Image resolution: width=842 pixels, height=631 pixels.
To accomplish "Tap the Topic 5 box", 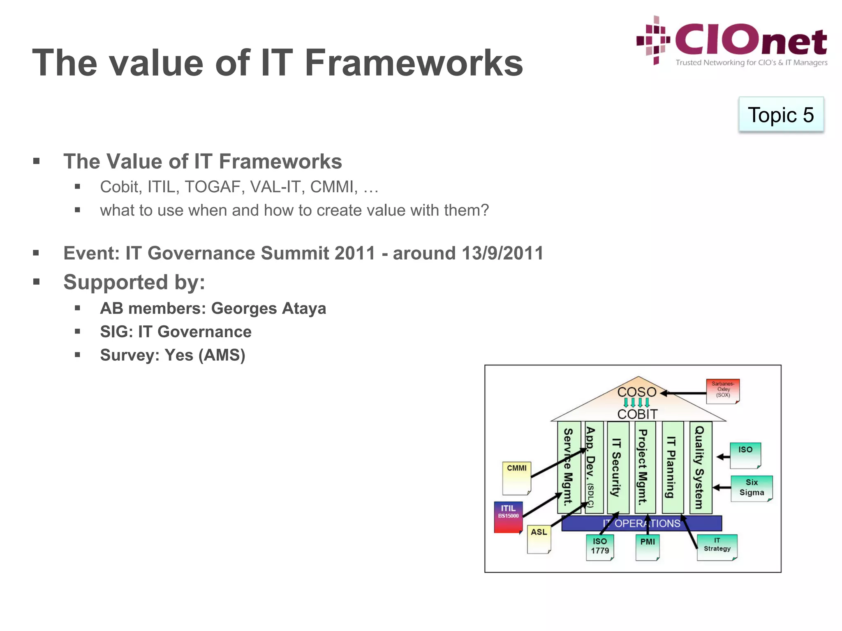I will tap(781, 115).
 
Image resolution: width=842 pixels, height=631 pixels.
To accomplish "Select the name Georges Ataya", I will tap(268, 309).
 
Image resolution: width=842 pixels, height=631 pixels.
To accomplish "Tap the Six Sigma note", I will tap(752, 488).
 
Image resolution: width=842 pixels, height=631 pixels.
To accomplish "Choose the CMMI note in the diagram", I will tap(517, 477).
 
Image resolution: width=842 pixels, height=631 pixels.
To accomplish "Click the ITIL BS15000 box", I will tap(509, 516).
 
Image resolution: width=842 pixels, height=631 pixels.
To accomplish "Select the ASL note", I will tap(539, 539).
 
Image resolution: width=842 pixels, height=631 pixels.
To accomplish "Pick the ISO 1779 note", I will tap(600, 547).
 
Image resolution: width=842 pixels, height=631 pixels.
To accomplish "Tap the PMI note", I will tap(648, 547).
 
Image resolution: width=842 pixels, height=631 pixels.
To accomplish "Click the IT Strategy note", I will tap(717, 546).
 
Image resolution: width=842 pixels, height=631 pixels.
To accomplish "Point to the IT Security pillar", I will tap(618, 467).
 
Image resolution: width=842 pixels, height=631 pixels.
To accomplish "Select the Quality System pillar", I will tap(700, 467).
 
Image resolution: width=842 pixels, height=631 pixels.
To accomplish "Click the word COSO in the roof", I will tap(637, 392).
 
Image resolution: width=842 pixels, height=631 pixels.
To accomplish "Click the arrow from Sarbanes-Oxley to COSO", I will tap(685, 393).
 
